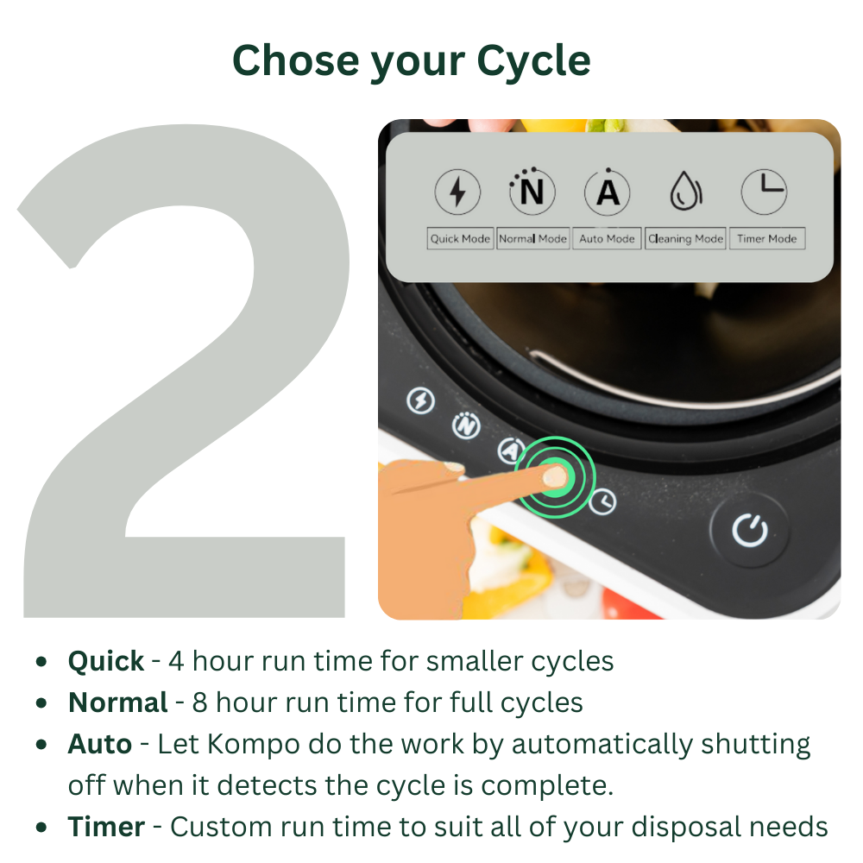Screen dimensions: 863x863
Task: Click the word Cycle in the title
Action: tap(533, 61)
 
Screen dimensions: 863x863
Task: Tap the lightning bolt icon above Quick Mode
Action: tap(457, 192)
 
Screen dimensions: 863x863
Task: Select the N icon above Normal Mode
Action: tap(532, 191)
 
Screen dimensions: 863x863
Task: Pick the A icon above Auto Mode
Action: tap(607, 192)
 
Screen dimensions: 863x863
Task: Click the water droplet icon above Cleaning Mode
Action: tap(686, 191)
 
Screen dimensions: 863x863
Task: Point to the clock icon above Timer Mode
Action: tap(764, 192)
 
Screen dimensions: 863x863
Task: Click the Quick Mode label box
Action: tap(460, 239)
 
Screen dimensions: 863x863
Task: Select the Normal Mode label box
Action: tap(532, 239)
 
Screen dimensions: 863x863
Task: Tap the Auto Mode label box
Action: tap(607, 239)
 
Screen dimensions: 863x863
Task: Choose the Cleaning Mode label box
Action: tap(686, 239)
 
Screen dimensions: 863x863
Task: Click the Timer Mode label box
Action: tap(767, 239)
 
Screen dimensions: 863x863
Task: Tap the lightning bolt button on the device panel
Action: tap(420, 400)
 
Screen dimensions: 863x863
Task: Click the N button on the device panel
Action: tap(466, 426)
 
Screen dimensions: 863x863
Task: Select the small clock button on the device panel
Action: tap(602, 501)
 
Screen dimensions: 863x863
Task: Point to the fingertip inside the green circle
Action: tap(555, 476)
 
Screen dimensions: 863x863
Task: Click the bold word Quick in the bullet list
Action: tap(105, 661)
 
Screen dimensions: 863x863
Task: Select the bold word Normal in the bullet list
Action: tap(117, 702)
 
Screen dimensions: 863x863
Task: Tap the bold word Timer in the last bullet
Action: tap(106, 827)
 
